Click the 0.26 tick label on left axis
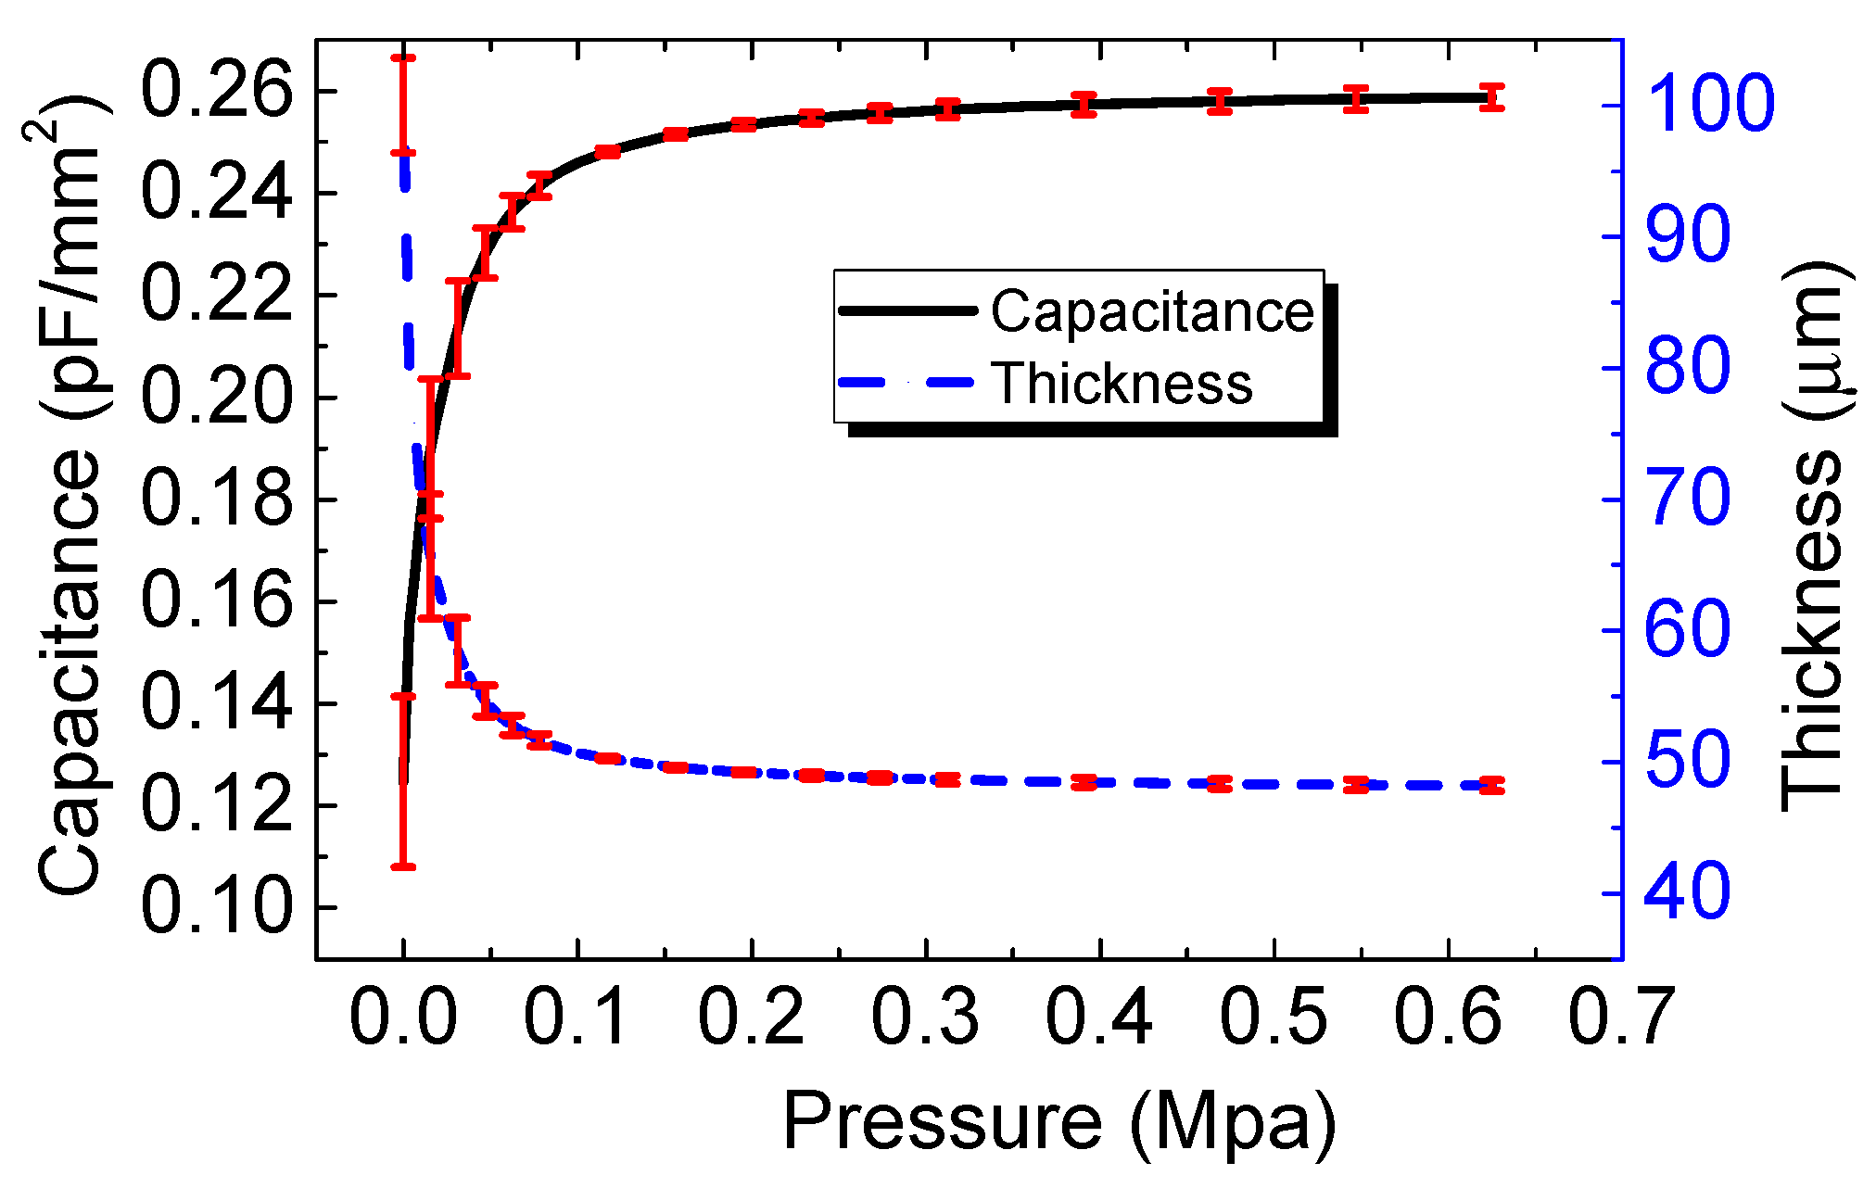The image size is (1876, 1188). click(216, 92)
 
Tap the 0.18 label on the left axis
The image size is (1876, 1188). click(216, 499)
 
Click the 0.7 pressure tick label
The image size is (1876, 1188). click(1621, 1017)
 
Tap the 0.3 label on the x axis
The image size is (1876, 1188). click(925, 1017)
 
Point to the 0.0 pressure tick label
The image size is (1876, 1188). click(403, 1017)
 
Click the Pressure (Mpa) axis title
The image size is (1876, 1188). click(1059, 1122)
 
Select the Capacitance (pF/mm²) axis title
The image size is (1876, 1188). click(70, 496)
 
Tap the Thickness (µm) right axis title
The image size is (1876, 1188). click(1815, 537)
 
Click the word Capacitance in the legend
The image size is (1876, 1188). click(1152, 311)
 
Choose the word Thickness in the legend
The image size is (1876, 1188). click(1122, 383)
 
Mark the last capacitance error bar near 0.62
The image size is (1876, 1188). click(1491, 96)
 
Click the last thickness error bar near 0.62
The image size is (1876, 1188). click(1491, 786)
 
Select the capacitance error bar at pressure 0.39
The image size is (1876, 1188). click(1084, 104)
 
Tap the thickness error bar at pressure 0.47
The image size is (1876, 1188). click(1220, 784)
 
